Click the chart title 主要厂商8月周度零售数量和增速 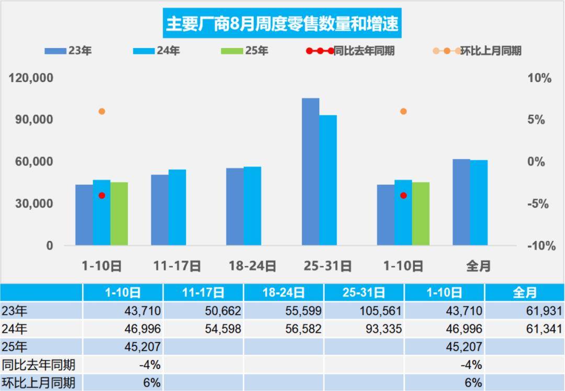[282, 23]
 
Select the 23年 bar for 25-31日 [310, 171]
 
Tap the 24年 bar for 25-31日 [328, 180]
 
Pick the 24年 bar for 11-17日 [177, 207]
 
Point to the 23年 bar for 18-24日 [235, 206]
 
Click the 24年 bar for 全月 [479, 202]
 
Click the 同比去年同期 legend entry [351, 51]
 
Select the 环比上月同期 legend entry [477, 51]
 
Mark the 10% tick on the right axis [539, 78]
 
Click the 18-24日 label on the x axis [253, 266]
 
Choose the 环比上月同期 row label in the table [39, 382]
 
